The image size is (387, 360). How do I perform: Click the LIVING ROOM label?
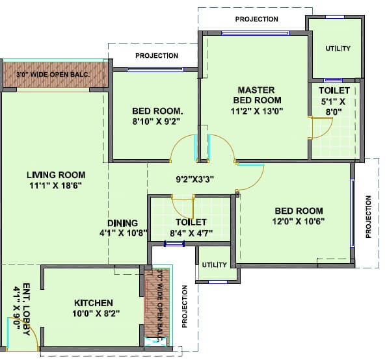[55, 174]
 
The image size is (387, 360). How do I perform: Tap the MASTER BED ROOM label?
[256, 95]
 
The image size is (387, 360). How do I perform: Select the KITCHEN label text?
[94, 303]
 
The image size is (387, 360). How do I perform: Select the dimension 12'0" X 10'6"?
[299, 222]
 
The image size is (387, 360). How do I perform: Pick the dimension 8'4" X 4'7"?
[191, 233]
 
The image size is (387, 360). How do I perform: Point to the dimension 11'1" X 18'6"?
[55, 185]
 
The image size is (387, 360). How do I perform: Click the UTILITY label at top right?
[338, 49]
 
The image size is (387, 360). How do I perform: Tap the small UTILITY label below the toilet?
[214, 264]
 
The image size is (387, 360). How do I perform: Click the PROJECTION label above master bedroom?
[257, 19]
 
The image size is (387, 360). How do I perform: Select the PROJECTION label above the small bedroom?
[157, 56]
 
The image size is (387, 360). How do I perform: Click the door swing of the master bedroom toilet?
[319, 129]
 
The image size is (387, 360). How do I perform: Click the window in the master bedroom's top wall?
[249, 32]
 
